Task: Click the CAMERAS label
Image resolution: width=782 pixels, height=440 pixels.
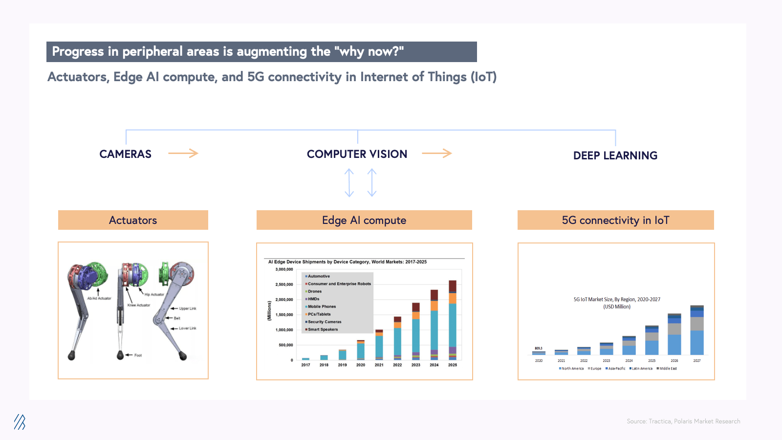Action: click(125, 154)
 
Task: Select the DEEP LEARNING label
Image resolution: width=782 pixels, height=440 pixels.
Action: click(615, 155)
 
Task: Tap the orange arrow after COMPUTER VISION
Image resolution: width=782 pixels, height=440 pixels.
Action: click(436, 154)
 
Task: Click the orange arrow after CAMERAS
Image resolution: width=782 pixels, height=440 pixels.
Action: click(183, 154)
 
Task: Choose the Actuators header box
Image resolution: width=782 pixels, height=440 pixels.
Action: click(133, 220)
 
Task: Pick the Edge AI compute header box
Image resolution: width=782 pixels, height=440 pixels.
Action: click(364, 220)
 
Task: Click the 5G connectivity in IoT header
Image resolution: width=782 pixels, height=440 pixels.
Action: click(615, 220)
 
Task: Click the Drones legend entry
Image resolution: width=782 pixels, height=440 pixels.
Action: click(314, 291)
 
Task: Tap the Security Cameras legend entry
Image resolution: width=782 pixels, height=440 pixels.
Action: click(324, 322)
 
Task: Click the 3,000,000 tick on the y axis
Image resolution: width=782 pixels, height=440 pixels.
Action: click(284, 269)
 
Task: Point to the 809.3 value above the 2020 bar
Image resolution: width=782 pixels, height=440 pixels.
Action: click(538, 349)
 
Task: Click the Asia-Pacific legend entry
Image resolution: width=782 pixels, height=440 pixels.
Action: click(616, 369)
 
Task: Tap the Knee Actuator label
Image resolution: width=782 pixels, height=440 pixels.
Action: click(139, 305)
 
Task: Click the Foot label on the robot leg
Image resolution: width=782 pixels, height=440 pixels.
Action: click(138, 355)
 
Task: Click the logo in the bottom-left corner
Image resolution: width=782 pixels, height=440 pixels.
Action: click(20, 422)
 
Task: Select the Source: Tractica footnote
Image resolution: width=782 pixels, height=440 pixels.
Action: click(683, 421)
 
